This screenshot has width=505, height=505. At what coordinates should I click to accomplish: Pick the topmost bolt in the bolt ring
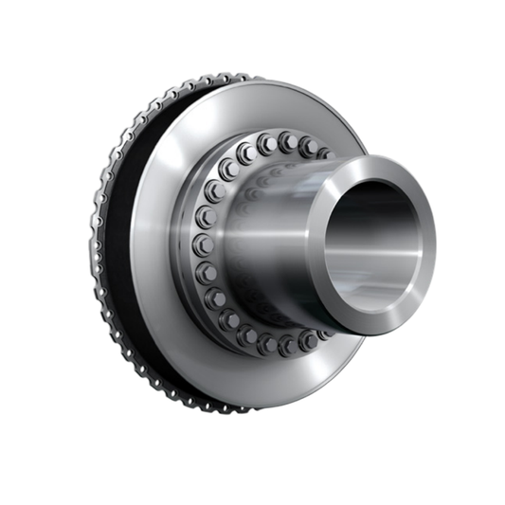[x=268, y=142]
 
